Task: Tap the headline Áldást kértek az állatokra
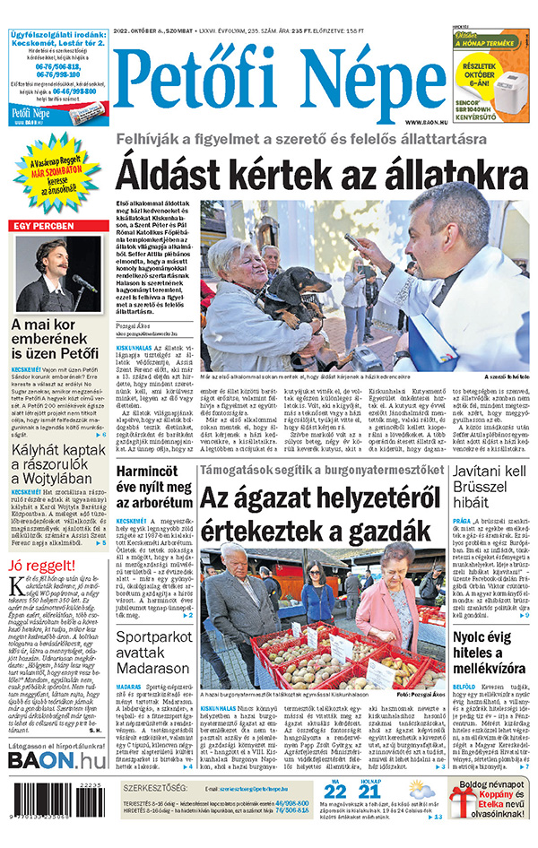322,174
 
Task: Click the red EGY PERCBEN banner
56,226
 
